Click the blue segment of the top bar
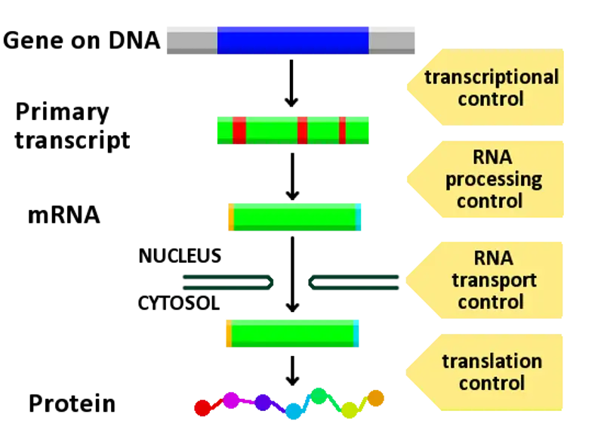[293, 39]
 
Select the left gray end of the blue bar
[190, 39]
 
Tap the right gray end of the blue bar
[392, 39]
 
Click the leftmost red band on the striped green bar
[239, 131]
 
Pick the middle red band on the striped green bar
[302, 131]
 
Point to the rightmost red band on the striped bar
[342, 131]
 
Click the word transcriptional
[492, 77]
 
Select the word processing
[494, 180]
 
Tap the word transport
[494, 280]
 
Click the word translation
[492, 361]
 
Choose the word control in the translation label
[492, 383]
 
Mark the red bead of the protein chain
[202, 408]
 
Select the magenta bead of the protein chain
[231, 400]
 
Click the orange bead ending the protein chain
[375, 397]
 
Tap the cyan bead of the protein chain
[293, 410]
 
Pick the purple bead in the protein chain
[263, 403]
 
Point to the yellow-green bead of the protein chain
[350, 409]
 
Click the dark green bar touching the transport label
[355, 283]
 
